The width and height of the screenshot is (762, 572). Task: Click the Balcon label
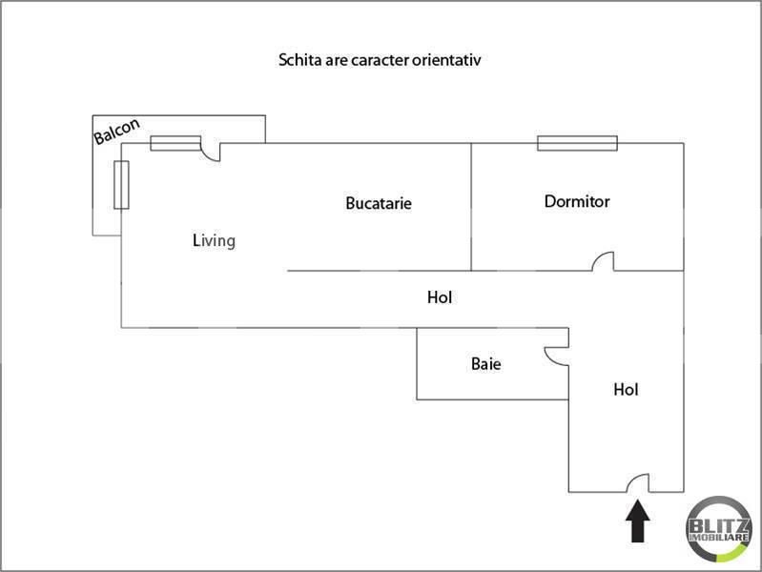coord(117,132)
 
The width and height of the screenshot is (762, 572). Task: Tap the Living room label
coord(214,240)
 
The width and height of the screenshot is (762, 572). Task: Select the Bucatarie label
coord(379,203)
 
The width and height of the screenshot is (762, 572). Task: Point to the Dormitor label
coord(577,201)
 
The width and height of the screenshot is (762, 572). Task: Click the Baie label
coord(486,363)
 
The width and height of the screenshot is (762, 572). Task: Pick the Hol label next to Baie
coord(626,389)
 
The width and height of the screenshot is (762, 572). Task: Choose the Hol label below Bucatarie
coord(440,297)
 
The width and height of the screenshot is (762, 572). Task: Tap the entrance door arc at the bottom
coord(638,483)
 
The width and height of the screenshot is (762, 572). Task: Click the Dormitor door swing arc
coord(604,261)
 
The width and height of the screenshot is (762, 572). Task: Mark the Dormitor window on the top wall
coord(577,143)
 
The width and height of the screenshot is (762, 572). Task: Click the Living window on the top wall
coord(175,143)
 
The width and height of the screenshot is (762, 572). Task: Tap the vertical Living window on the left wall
coord(121,184)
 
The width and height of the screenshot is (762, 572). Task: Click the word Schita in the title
coord(299,60)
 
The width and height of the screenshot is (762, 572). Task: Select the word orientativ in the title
coord(451,60)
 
